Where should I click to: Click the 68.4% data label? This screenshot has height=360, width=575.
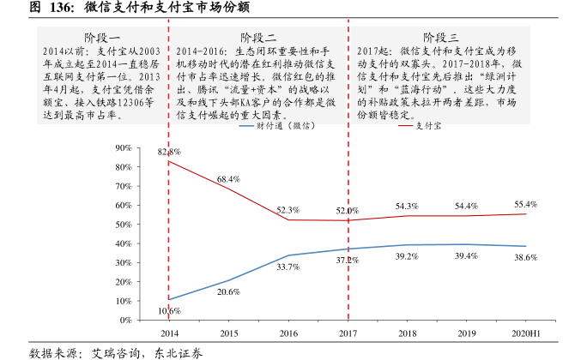pyautogui.click(x=228, y=179)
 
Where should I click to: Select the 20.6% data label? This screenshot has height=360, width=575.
pyautogui.click(x=228, y=292)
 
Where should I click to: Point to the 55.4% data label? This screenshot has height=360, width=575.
pyautogui.click(x=526, y=204)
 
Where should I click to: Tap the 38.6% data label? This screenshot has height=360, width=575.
pyautogui.click(x=526, y=257)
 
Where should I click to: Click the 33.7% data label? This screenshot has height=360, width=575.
pyautogui.click(x=288, y=267)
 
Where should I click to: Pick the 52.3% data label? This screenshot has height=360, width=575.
pyautogui.click(x=288, y=210)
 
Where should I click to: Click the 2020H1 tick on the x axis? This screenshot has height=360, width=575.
pyautogui.click(x=526, y=333)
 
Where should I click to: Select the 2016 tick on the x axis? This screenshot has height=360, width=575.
pyautogui.click(x=288, y=333)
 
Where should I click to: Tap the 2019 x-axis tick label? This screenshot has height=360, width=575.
pyautogui.click(x=466, y=333)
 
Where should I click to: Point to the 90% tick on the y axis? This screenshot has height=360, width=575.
pyautogui.click(x=147, y=148)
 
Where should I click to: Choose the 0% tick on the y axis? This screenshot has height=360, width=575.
pyautogui.click(x=149, y=320)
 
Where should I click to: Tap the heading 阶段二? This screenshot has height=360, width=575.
pyautogui.click(x=258, y=38)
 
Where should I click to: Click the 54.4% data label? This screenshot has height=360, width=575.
pyautogui.click(x=466, y=206)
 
